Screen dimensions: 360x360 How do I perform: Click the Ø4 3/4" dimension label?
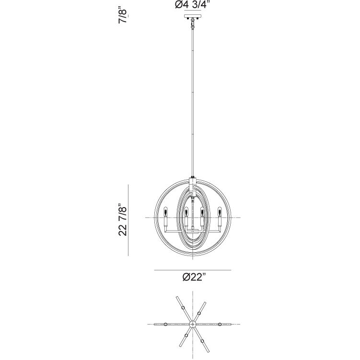[x=192, y=6]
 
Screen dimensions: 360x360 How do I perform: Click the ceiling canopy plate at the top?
[x=192, y=18]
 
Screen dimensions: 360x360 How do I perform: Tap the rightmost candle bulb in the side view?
[x=221, y=211]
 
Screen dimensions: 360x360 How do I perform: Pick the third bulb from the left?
[x=202, y=211]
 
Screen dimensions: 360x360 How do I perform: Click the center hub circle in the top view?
[x=193, y=325]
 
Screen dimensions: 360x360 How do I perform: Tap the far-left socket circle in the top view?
[x=166, y=325]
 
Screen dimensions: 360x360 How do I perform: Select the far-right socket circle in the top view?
[x=220, y=325]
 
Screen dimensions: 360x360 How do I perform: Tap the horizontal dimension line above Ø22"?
[x=192, y=270]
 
